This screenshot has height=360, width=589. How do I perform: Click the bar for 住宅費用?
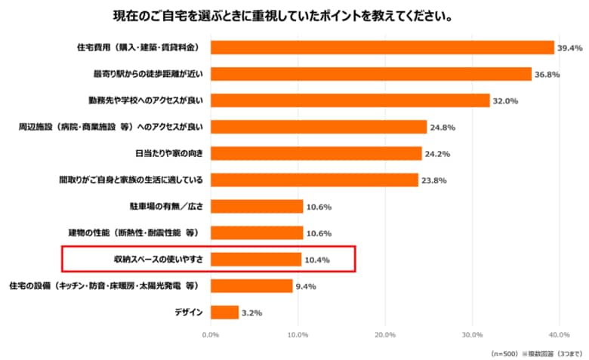pos(382,48)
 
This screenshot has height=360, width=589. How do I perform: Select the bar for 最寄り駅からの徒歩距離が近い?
pos(371,74)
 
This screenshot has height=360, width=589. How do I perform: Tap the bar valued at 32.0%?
pos(350,100)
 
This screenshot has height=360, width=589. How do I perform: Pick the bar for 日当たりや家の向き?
pos(316,153)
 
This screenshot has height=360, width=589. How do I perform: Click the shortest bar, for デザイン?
pos(224,312)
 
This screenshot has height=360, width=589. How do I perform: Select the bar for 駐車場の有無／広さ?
pos(257,206)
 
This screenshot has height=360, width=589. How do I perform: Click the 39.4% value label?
pos(570,48)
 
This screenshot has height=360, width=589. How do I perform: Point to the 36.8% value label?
pos(547,75)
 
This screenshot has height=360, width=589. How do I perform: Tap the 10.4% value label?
pos(317,260)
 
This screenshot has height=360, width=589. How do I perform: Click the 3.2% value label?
pos(252,313)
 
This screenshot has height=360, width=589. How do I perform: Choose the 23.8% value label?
pos(434,180)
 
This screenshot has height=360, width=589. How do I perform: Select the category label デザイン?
pos(188,312)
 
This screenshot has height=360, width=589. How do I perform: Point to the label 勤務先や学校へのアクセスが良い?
pos(146,100)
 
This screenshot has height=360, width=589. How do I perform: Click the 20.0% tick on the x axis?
pos(385,334)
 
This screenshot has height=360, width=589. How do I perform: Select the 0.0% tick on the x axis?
pos(211,334)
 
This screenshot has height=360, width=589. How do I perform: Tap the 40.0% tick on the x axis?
pos(559,334)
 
